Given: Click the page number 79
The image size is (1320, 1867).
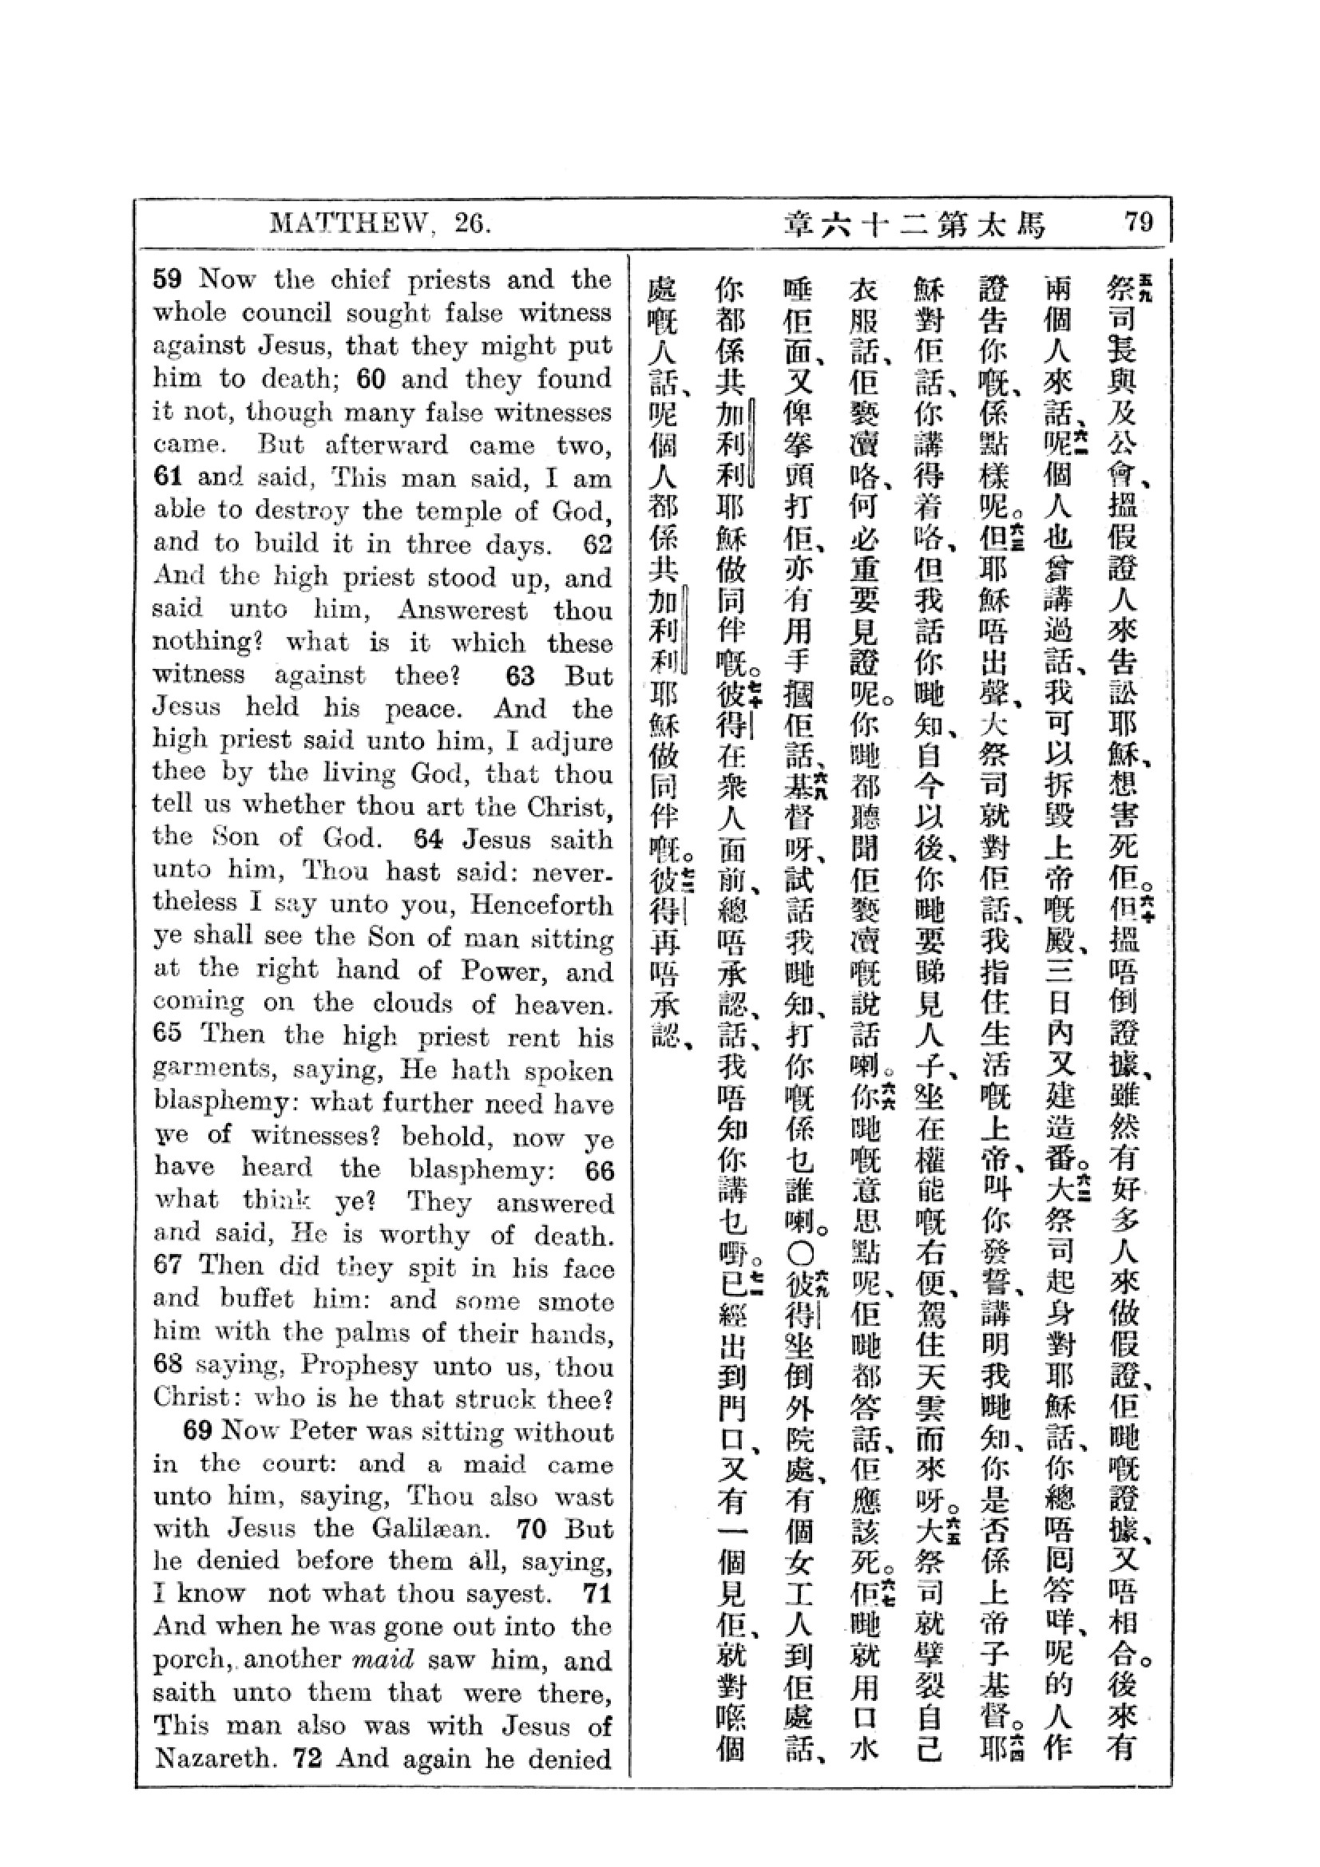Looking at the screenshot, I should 1138,222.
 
